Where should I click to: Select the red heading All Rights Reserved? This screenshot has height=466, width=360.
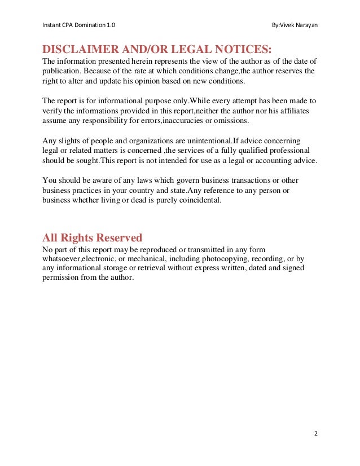click(x=93, y=237)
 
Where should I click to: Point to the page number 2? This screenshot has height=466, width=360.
click(x=316, y=433)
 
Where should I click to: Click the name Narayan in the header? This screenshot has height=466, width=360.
click(x=305, y=25)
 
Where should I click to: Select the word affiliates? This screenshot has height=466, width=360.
click(x=291, y=111)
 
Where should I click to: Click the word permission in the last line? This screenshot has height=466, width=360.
click(x=61, y=279)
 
